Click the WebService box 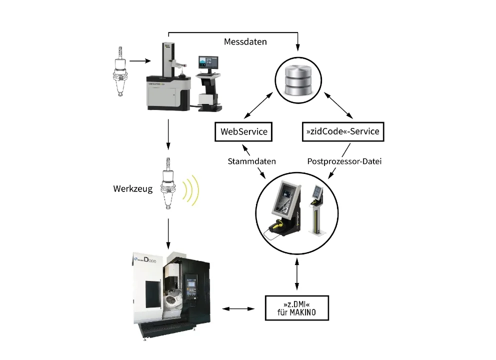point(244,132)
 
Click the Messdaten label point(245,42)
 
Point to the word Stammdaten point(252,161)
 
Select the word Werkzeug point(133,189)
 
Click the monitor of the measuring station point(208,62)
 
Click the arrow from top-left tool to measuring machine point(139,61)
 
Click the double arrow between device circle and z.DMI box point(298,275)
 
